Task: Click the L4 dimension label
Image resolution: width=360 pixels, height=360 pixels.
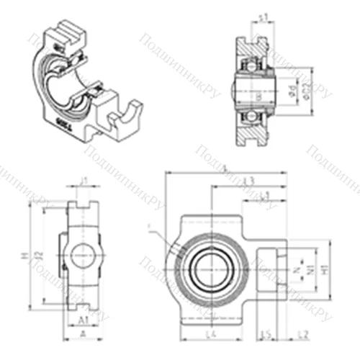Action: tap(210, 335)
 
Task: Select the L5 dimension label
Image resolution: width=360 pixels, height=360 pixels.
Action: tap(265, 335)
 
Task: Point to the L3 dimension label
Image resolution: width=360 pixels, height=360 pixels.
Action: tap(250, 180)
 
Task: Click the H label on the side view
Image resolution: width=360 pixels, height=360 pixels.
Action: tap(24, 256)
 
